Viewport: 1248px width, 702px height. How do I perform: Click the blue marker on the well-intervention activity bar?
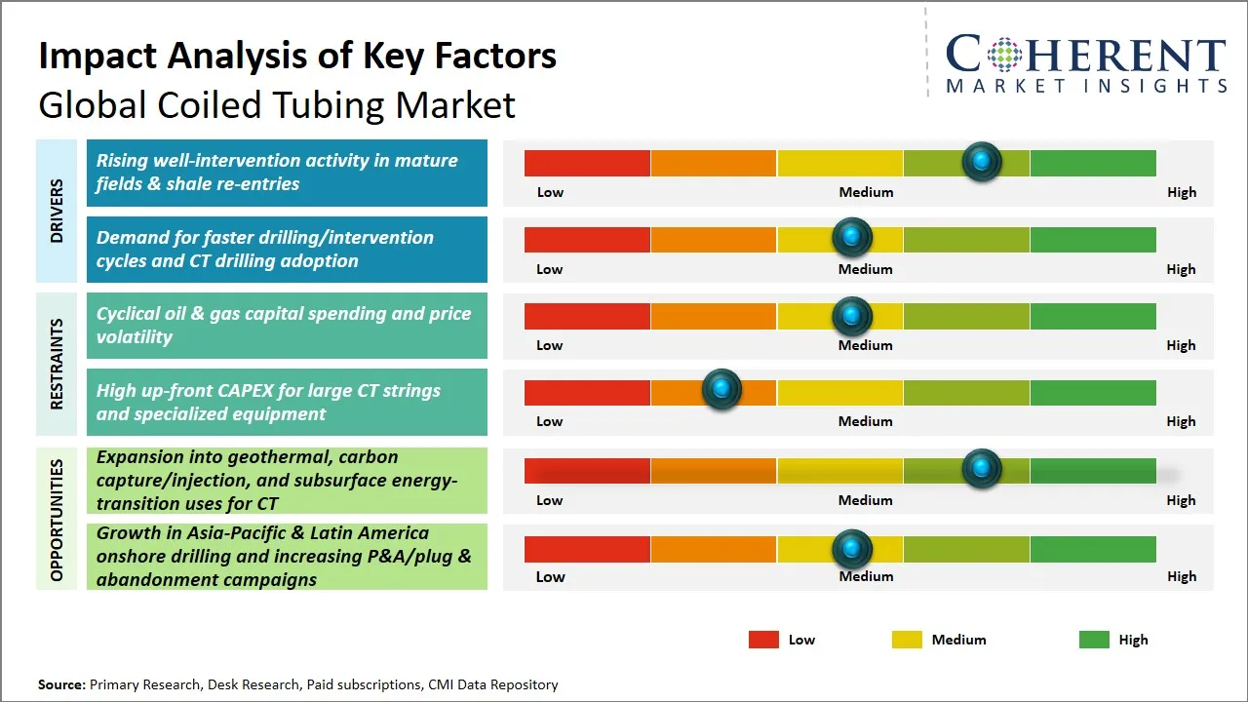tap(982, 161)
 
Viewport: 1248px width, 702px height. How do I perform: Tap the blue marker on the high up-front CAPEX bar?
tap(721, 390)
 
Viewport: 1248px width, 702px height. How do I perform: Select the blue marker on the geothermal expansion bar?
tap(982, 469)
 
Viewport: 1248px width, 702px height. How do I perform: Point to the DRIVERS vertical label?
tap(56, 211)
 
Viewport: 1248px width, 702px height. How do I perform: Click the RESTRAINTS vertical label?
tap(56, 364)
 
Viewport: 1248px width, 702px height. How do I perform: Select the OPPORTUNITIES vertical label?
tap(56, 520)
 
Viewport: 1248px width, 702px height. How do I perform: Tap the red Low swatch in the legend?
tap(763, 640)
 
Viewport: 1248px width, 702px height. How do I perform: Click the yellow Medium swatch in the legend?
tap(907, 640)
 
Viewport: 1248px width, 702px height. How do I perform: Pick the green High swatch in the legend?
tap(1094, 640)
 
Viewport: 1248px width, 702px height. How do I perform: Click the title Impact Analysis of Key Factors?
tap(297, 56)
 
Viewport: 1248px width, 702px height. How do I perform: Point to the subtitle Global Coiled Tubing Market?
tap(277, 104)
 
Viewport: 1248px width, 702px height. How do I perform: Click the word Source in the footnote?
tap(60, 684)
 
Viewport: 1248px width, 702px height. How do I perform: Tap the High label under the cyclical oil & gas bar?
tap(1181, 345)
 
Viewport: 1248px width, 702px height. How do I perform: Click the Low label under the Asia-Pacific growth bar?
tap(550, 576)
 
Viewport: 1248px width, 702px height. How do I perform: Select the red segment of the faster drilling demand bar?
tap(587, 239)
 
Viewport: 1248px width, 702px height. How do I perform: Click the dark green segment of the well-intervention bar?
tap(1092, 163)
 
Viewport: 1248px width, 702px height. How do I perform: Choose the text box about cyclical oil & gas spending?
tap(287, 326)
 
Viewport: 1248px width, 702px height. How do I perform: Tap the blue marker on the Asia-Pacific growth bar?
tap(852, 549)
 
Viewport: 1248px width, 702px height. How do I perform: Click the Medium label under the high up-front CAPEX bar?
tap(866, 421)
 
